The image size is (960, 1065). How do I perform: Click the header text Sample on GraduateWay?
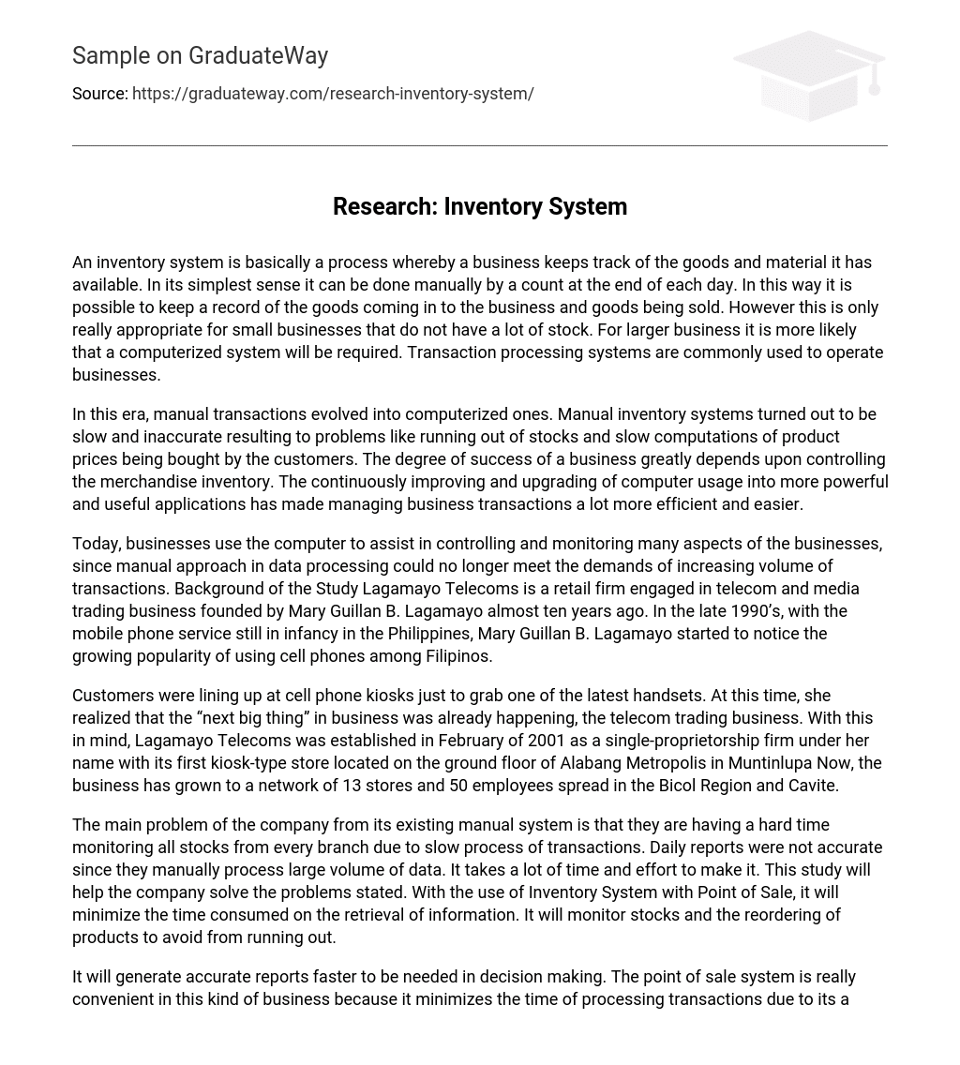[x=200, y=56]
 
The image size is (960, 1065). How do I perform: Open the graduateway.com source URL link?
[x=333, y=94]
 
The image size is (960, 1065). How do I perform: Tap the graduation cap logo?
[x=809, y=75]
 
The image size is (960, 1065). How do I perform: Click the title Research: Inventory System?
[x=479, y=206]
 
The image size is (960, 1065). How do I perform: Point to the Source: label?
[x=99, y=94]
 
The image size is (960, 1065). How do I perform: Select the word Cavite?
[x=811, y=786]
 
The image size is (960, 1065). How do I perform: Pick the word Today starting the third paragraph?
[x=96, y=544]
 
